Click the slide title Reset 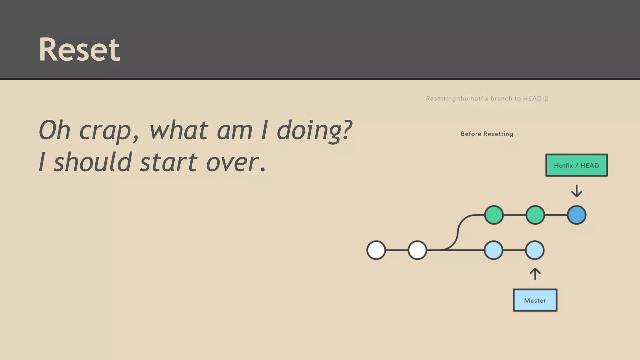click(79, 49)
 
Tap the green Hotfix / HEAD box click(576, 165)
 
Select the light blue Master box click(535, 300)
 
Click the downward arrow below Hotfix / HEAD click(576, 191)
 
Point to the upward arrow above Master click(535, 274)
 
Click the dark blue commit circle click(576, 215)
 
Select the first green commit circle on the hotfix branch click(494, 215)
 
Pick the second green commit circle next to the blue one click(535, 215)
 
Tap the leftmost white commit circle click(376, 250)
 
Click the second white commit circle click(417, 250)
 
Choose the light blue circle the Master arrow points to click(535, 250)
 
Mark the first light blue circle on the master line click(493, 250)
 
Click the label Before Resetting click(487, 134)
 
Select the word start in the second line click(168, 162)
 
